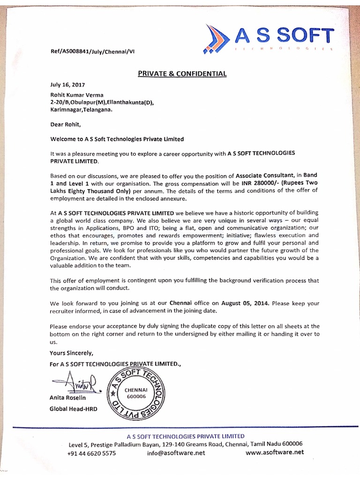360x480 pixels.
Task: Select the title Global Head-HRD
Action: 73,409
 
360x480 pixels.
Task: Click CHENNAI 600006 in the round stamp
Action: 136,393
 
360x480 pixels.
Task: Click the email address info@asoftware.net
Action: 176,453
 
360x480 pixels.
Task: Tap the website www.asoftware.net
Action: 274,452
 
